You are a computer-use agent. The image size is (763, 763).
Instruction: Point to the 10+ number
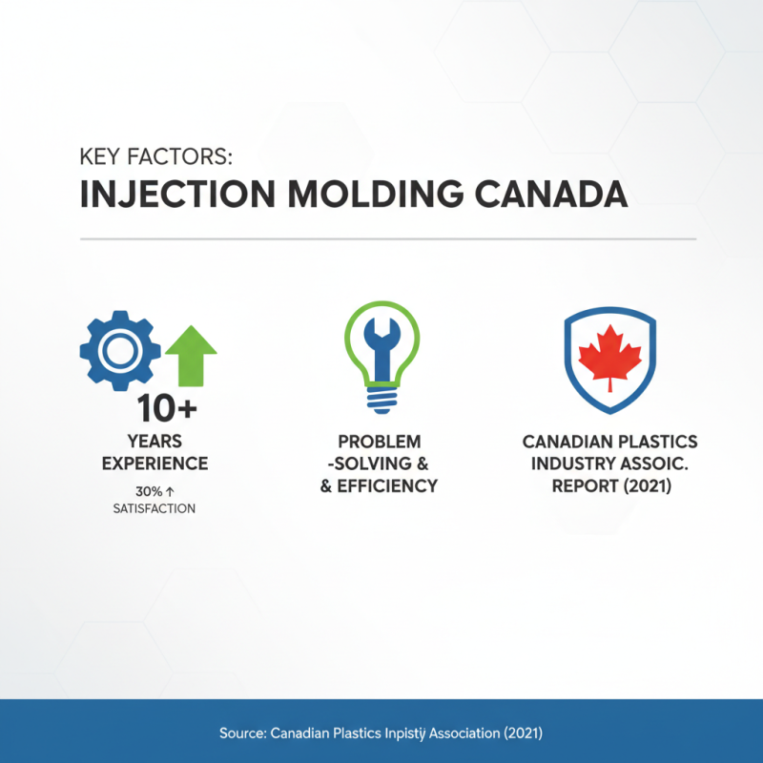[x=168, y=409]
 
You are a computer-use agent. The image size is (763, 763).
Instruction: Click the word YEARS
[x=155, y=442]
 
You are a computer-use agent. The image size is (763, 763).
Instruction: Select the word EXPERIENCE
[x=155, y=464]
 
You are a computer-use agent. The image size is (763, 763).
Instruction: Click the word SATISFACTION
[x=154, y=508]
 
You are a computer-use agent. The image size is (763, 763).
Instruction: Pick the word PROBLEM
[x=379, y=442]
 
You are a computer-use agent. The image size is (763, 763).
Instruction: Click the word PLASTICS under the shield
[x=651, y=442]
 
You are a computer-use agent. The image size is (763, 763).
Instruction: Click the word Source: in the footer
[x=242, y=733]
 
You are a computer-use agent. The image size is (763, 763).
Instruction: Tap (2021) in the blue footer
[x=520, y=733]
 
